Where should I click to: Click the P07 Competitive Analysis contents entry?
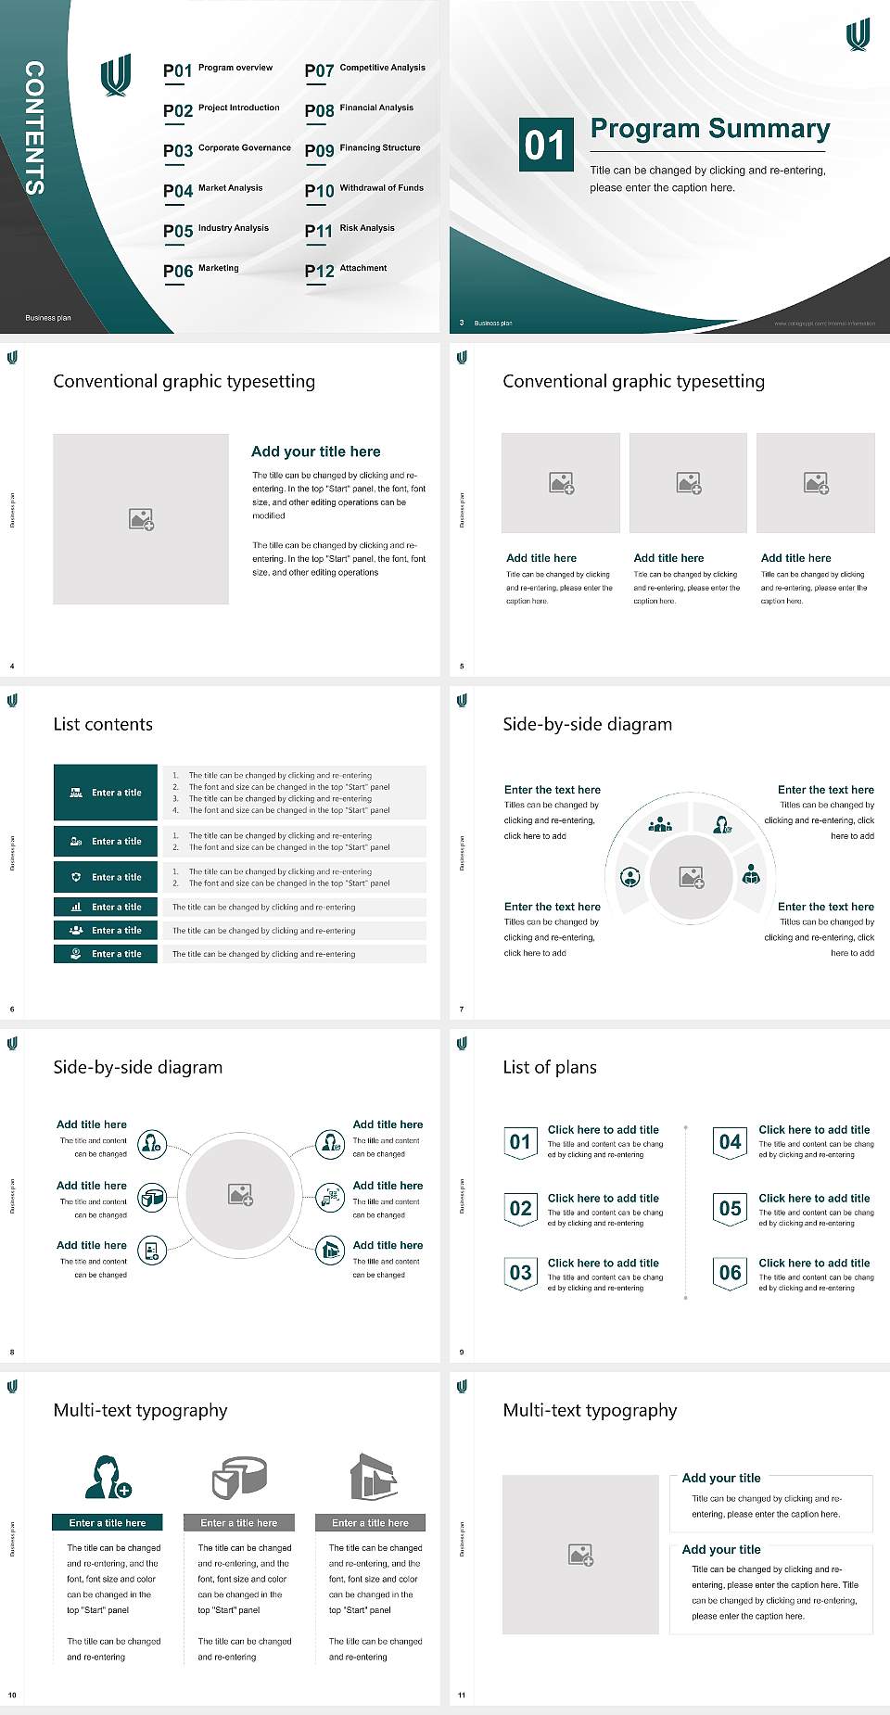[x=364, y=70]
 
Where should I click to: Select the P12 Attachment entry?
[x=346, y=270]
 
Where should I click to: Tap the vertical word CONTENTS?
[x=34, y=128]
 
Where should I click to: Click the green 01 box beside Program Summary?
[x=544, y=145]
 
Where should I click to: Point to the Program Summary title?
[x=709, y=129]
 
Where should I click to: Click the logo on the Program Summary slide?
[x=858, y=34]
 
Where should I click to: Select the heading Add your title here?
[x=315, y=451]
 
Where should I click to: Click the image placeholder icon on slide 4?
[x=141, y=519]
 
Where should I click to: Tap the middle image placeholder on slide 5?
[x=688, y=483]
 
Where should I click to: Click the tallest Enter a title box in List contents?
[x=106, y=793]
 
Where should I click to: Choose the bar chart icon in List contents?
[x=76, y=908]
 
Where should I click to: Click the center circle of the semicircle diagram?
[x=691, y=877]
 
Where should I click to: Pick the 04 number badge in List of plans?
[x=731, y=1143]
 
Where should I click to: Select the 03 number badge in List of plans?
[x=520, y=1274]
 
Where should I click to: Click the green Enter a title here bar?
[x=108, y=1523]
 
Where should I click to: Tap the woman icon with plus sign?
[x=107, y=1477]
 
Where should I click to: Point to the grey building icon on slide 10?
[x=374, y=1477]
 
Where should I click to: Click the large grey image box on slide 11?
[x=580, y=1555]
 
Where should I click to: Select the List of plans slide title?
[x=550, y=1067]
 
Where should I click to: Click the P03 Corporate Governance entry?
[x=227, y=149]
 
